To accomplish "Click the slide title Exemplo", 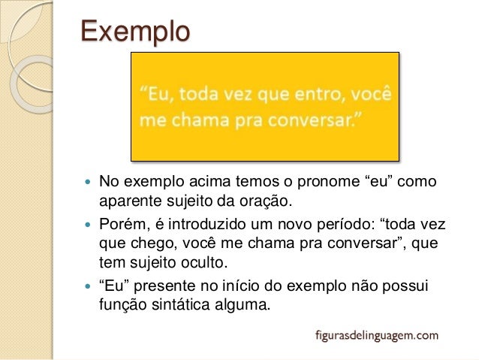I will [x=135, y=32].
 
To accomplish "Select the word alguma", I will [x=239, y=307].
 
